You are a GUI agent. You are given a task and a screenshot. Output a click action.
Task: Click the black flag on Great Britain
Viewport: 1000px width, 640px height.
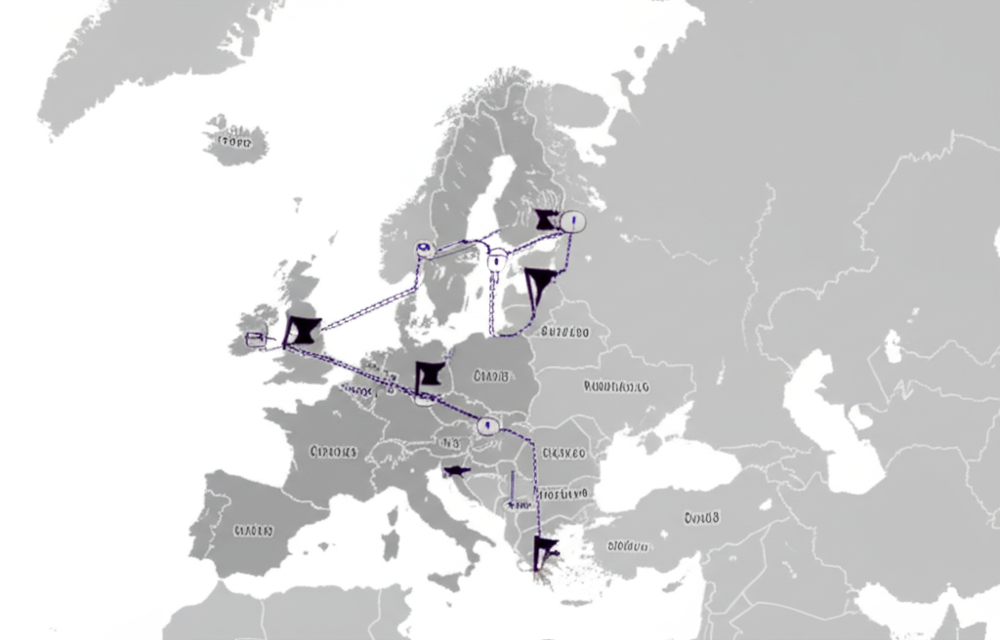click(x=302, y=331)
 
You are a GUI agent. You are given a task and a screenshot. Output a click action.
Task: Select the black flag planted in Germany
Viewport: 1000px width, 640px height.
click(x=429, y=376)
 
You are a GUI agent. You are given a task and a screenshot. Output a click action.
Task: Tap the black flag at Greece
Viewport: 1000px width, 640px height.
click(x=544, y=552)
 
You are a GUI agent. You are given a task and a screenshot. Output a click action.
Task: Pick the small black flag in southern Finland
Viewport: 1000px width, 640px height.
click(x=546, y=220)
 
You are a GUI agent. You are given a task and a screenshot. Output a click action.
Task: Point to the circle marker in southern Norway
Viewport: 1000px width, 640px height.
click(x=424, y=248)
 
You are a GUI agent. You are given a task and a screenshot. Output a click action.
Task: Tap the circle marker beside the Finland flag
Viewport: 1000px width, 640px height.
click(x=572, y=221)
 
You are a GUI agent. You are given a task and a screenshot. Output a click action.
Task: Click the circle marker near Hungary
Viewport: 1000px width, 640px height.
click(x=485, y=425)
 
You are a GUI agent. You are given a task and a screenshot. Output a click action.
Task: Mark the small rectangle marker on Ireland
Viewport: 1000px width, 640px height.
click(x=256, y=339)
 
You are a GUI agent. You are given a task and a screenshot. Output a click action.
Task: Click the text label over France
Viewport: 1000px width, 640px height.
click(x=333, y=452)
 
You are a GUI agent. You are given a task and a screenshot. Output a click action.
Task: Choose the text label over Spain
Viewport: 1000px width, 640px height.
click(x=253, y=532)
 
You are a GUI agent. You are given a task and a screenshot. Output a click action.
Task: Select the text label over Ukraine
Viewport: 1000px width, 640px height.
click(x=616, y=386)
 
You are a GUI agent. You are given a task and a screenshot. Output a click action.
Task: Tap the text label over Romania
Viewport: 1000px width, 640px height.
click(x=563, y=453)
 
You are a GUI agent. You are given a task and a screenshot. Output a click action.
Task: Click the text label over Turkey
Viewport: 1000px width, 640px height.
click(x=701, y=517)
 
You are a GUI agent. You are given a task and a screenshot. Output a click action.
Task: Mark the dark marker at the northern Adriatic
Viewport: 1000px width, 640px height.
click(x=454, y=471)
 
